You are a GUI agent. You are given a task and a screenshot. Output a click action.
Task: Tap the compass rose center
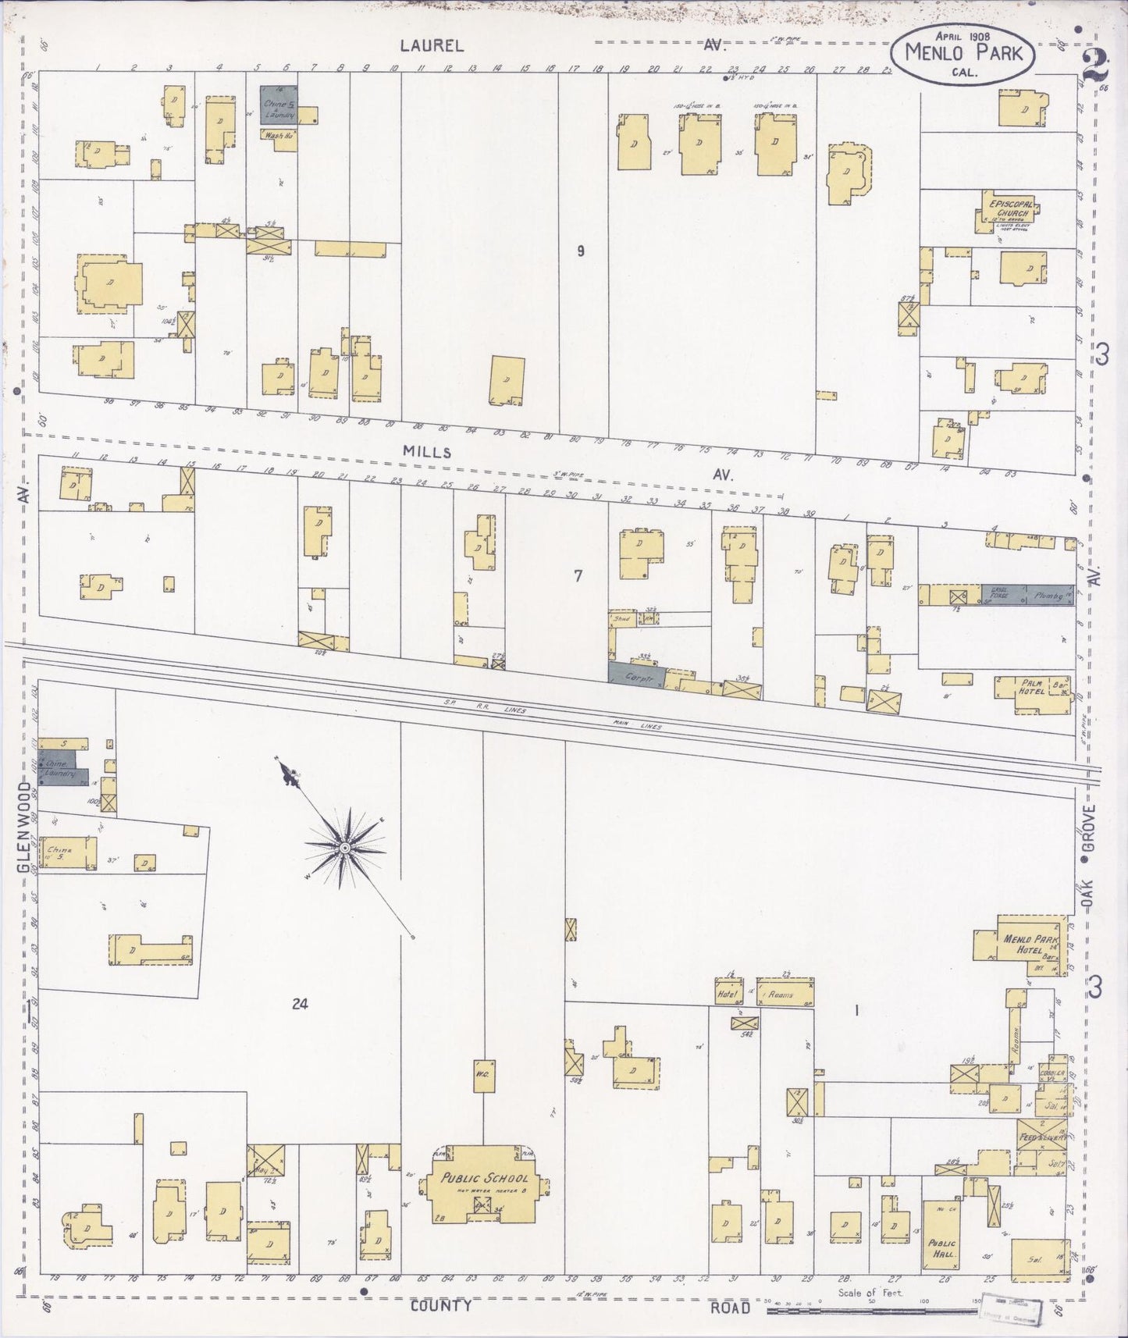[x=344, y=846]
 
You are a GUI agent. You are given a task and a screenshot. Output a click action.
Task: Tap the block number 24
[x=300, y=1004]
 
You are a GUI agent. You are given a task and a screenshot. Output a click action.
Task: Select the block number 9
[x=580, y=251]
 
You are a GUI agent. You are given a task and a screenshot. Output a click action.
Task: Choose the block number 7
[x=578, y=576]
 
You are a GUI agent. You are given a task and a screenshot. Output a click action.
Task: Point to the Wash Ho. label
[x=273, y=135]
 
